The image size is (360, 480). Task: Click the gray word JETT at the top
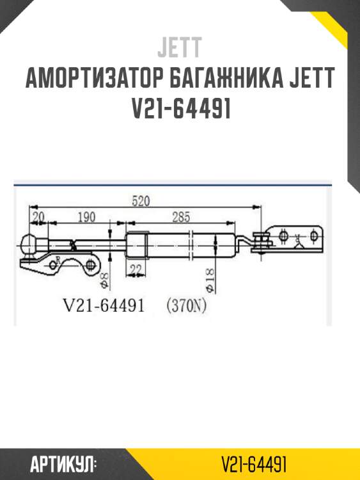180,47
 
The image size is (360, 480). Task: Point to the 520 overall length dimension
141,201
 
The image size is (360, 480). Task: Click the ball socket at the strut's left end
31,244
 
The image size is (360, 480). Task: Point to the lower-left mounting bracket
61,263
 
